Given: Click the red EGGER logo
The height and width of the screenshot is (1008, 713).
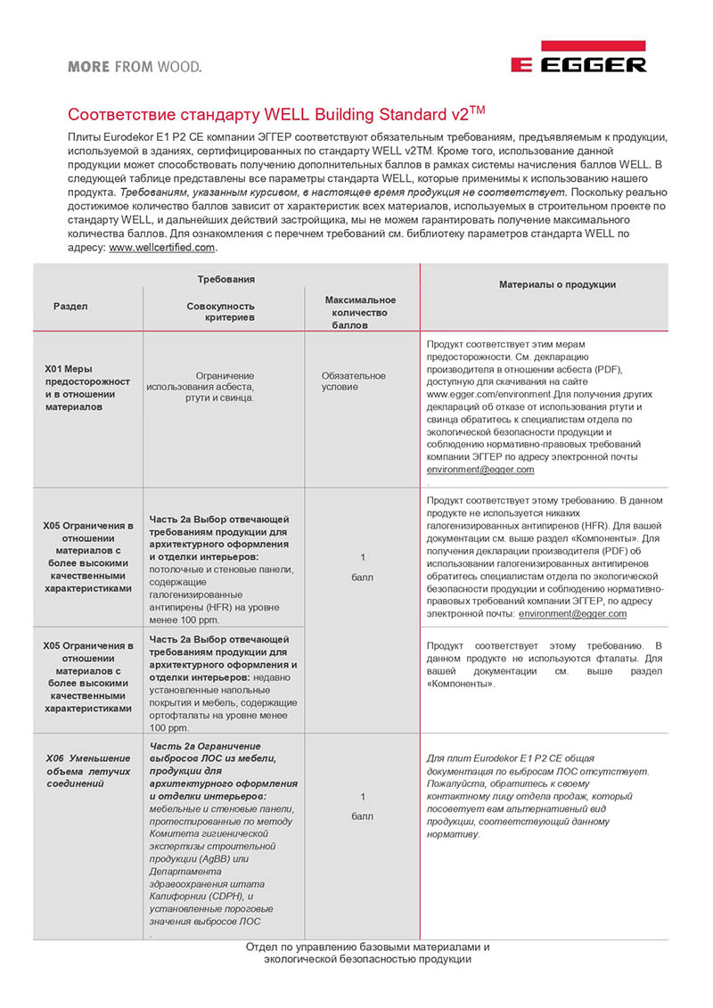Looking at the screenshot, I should (x=578, y=60).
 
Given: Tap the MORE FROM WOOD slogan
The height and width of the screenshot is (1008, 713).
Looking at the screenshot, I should (x=134, y=66).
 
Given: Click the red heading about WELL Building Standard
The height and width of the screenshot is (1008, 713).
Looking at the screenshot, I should (x=278, y=116).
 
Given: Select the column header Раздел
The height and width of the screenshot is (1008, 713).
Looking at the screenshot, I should (x=70, y=306).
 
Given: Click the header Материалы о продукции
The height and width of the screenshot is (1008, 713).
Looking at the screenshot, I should (x=557, y=284).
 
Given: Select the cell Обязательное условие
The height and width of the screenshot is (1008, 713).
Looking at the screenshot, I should (x=354, y=381).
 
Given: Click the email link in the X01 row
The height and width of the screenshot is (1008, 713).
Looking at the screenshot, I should (x=480, y=469).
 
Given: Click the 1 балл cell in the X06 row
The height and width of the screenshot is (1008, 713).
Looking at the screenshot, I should (x=362, y=805).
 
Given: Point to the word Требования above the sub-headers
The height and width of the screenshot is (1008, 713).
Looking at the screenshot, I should (x=225, y=279).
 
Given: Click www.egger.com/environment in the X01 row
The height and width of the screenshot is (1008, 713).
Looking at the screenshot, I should (x=487, y=393).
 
